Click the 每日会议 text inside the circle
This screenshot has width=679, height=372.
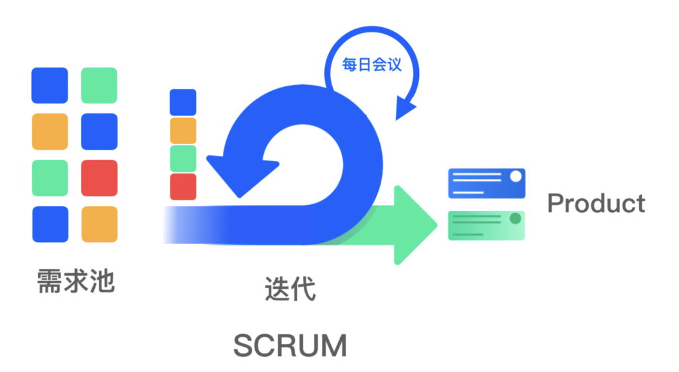pyautogui.click(x=371, y=65)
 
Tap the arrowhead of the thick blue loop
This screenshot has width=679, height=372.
pyautogui.click(x=241, y=175)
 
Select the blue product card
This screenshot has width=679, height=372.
pyautogui.click(x=487, y=183)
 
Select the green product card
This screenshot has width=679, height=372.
pyautogui.click(x=486, y=225)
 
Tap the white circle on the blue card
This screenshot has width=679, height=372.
pyautogui.click(x=516, y=176)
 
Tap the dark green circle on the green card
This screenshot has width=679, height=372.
pyautogui.click(x=515, y=218)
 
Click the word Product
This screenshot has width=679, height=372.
pyautogui.click(x=596, y=203)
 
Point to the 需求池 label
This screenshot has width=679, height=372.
pyautogui.click(x=76, y=281)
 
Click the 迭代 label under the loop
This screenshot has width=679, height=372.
pyautogui.click(x=290, y=288)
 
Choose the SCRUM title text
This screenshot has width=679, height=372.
pyautogui.click(x=290, y=345)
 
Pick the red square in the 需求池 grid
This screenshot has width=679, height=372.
pyautogui.click(x=99, y=178)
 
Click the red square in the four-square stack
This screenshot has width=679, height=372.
pyautogui.click(x=183, y=186)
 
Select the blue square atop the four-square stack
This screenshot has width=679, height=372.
pyautogui.click(x=183, y=102)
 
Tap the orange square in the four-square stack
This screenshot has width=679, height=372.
pyautogui.click(x=183, y=131)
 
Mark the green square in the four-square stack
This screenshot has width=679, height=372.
pyautogui.click(x=183, y=158)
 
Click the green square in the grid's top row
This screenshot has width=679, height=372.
pyautogui.click(x=99, y=86)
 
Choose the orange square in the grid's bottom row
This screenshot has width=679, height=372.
pyautogui.click(x=99, y=224)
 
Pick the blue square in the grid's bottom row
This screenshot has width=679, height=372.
pyautogui.click(x=50, y=224)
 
